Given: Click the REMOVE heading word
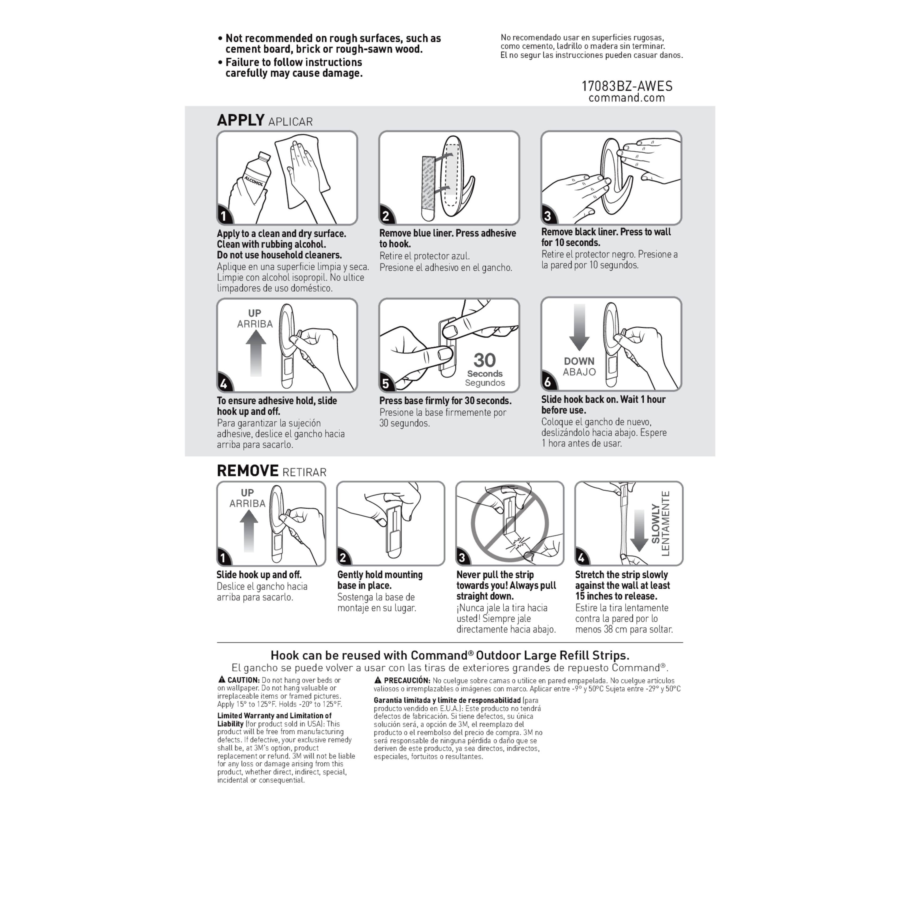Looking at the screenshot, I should (x=247, y=471).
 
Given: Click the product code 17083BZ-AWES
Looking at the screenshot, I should (x=626, y=86).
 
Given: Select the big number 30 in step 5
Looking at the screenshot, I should (x=484, y=360).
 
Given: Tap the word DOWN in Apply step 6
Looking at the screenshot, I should (x=579, y=361).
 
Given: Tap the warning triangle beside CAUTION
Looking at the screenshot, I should (x=222, y=680).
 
